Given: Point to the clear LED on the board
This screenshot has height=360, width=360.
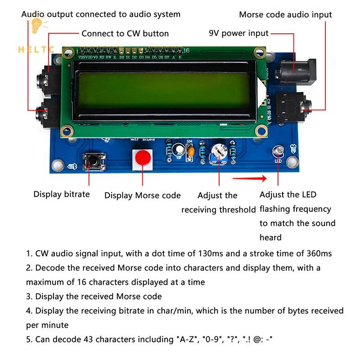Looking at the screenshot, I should point(278,152).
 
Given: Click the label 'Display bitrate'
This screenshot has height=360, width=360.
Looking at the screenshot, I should point(62,194).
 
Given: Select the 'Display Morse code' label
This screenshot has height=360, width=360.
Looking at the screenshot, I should point(142,195).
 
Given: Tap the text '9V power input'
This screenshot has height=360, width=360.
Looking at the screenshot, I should point(238,33).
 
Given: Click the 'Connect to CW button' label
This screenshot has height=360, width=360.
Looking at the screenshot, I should point(125,33).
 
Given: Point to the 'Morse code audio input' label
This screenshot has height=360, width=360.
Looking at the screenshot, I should point(285,14).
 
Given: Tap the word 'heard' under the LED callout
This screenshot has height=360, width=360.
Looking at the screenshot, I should point(270,237).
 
